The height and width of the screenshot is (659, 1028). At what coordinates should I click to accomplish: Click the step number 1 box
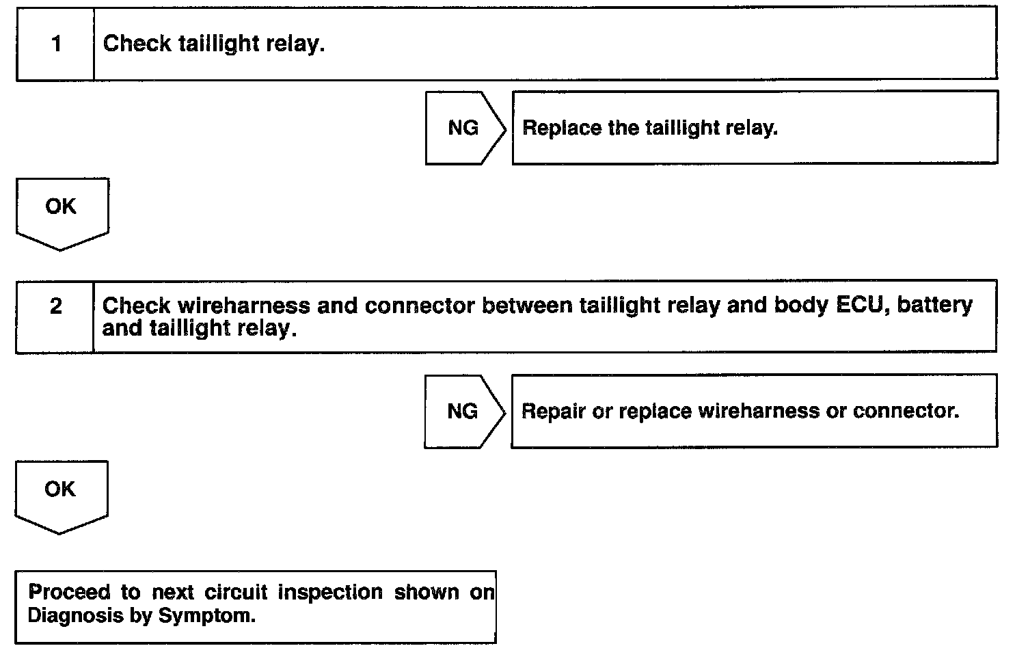pos(55,44)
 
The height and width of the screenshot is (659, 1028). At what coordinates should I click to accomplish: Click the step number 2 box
pos(55,306)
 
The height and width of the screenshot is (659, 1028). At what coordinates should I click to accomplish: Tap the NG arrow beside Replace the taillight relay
pos(464,128)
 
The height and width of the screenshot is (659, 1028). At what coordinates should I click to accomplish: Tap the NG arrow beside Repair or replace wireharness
pos(463,411)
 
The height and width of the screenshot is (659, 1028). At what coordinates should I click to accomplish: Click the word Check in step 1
pos(137,44)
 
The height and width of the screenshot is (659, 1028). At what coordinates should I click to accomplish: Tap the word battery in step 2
pos(935,306)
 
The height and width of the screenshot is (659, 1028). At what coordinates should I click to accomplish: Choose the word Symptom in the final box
pos(206,615)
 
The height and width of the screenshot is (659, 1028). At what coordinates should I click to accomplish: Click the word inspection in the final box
pos(330,592)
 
